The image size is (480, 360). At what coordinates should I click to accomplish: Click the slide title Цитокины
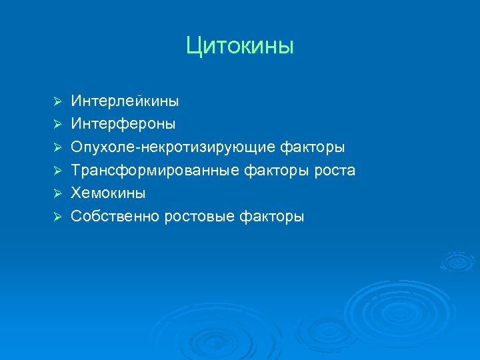click(x=240, y=46)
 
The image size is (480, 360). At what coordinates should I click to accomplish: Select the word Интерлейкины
click(x=125, y=101)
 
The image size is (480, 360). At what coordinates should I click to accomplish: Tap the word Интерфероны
click(x=123, y=124)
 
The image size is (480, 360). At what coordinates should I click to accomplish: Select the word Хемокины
click(x=109, y=193)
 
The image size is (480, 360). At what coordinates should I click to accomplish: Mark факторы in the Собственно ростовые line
click(x=273, y=216)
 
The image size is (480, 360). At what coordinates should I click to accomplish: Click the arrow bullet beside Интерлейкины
click(x=58, y=101)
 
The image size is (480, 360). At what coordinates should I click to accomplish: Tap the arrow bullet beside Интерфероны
click(x=58, y=124)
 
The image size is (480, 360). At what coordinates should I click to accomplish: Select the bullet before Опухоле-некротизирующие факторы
click(x=58, y=147)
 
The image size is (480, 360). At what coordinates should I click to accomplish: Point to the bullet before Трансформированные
click(x=58, y=170)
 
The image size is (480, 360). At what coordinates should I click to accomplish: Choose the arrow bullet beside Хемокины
click(x=58, y=193)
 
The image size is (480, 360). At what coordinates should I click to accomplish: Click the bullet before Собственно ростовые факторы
click(x=58, y=216)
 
